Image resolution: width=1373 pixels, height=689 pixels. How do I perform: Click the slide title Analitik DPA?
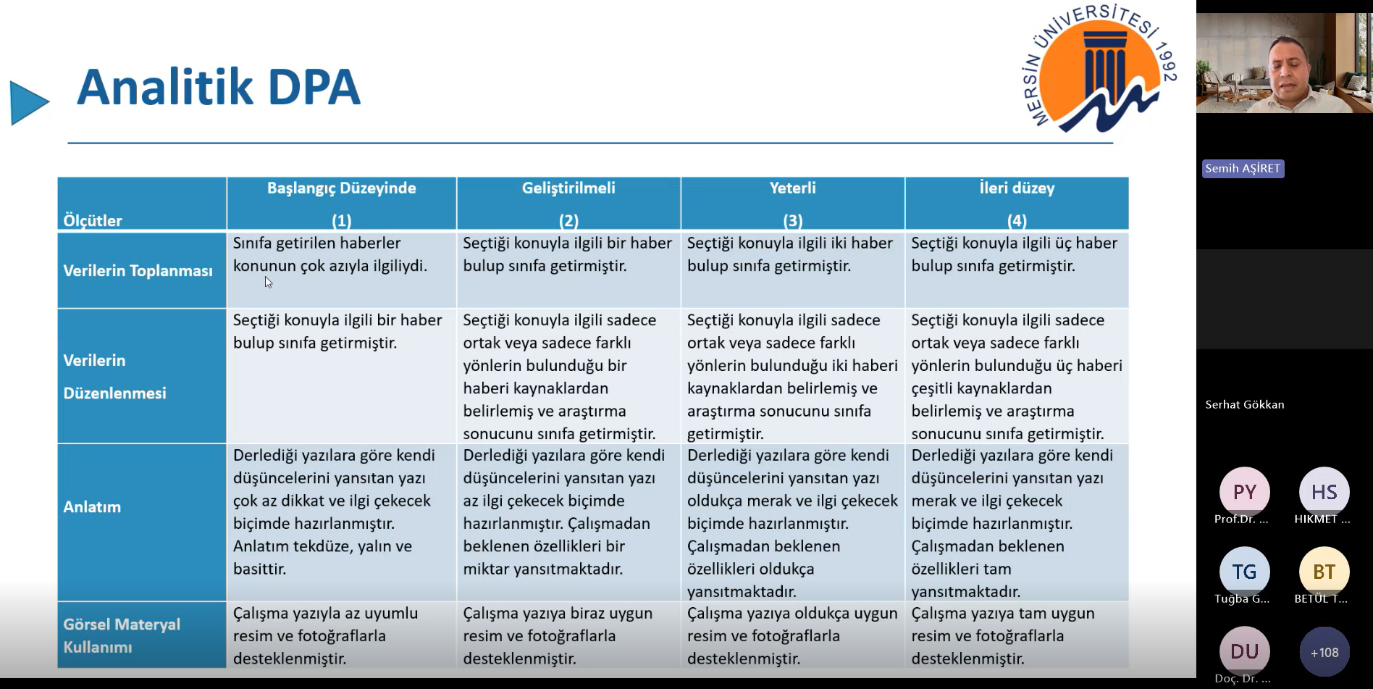(x=218, y=88)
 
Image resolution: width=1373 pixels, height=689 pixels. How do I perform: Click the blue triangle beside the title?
(x=28, y=103)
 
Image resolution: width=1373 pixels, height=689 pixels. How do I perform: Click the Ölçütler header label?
(x=93, y=220)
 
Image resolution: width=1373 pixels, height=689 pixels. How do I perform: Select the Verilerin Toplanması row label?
(x=138, y=271)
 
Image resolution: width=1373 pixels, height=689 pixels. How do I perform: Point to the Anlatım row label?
(x=92, y=507)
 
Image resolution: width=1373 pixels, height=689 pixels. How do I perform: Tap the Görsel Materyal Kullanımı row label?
(x=122, y=635)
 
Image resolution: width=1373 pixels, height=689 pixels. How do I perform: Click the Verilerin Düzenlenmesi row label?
(x=114, y=377)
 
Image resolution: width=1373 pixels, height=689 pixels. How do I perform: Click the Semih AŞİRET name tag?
(x=1243, y=169)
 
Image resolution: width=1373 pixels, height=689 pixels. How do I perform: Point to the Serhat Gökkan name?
(x=1244, y=405)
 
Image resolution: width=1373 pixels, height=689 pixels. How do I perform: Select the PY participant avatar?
(x=1244, y=492)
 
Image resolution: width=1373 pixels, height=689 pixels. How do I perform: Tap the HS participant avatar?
(x=1324, y=492)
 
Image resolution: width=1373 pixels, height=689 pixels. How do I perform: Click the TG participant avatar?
(x=1244, y=572)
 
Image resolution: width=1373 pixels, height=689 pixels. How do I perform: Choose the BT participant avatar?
(x=1324, y=572)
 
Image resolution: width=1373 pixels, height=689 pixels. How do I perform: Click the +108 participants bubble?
(x=1324, y=652)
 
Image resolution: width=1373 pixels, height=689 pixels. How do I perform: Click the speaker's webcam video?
(x=1284, y=63)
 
